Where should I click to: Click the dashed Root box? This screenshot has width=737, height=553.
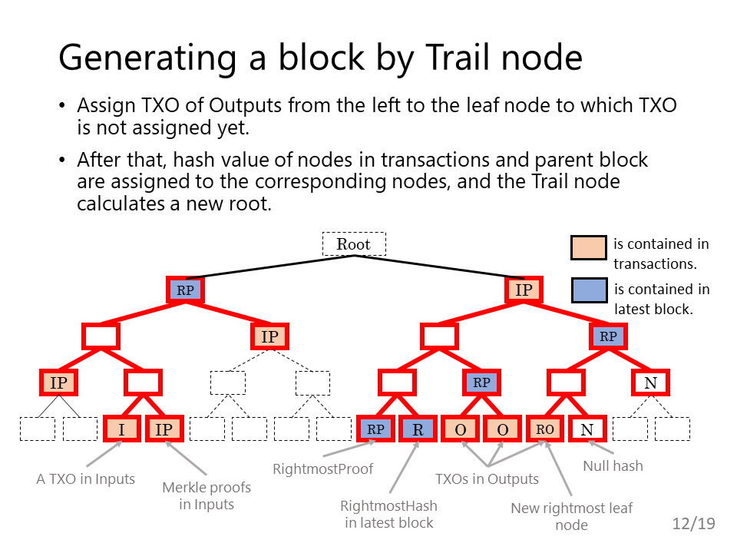pyautogui.click(x=354, y=244)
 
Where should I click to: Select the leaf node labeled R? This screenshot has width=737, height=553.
pyautogui.click(x=418, y=429)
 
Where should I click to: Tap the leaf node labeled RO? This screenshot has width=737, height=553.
pyautogui.click(x=545, y=429)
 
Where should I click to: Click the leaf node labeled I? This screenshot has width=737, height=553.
pyautogui.click(x=122, y=429)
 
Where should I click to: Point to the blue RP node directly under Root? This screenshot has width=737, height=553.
pyautogui.click(x=185, y=290)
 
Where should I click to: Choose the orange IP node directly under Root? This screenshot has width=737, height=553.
pyautogui.click(x=524, y=290)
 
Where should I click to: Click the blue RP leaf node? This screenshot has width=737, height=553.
pyautogui.click(x=375, y=429)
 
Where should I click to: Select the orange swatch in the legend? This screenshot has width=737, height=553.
pyautogui.click(x=589, y=248)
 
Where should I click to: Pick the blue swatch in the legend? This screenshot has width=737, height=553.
pyautogui.click(x=589, y=290)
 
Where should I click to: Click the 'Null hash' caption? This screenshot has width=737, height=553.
pyautogui.click(x=613, y=466)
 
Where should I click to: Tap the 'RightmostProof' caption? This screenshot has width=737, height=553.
pyautogui.click(x=323, y=469)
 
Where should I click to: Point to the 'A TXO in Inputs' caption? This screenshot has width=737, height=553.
pyautogui.click(x=85, y=478)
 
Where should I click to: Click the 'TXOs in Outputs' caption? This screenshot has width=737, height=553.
pyautogui.click(x=487, y=478)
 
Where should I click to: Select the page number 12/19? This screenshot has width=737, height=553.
pyautogui.click(x=694, y=523)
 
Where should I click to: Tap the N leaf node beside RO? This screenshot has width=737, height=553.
pyautogui.click(x=587, y=429)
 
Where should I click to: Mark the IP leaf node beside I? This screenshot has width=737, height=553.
pyautogui.click(x=164, y=429)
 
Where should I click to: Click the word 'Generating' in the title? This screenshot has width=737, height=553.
pyautogui.click(x=147, y=58)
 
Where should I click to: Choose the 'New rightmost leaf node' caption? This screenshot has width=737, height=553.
pyautogui.click(x=571, y=516)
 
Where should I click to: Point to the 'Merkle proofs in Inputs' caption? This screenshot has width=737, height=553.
pyautogui.click(x=207, y=495)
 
